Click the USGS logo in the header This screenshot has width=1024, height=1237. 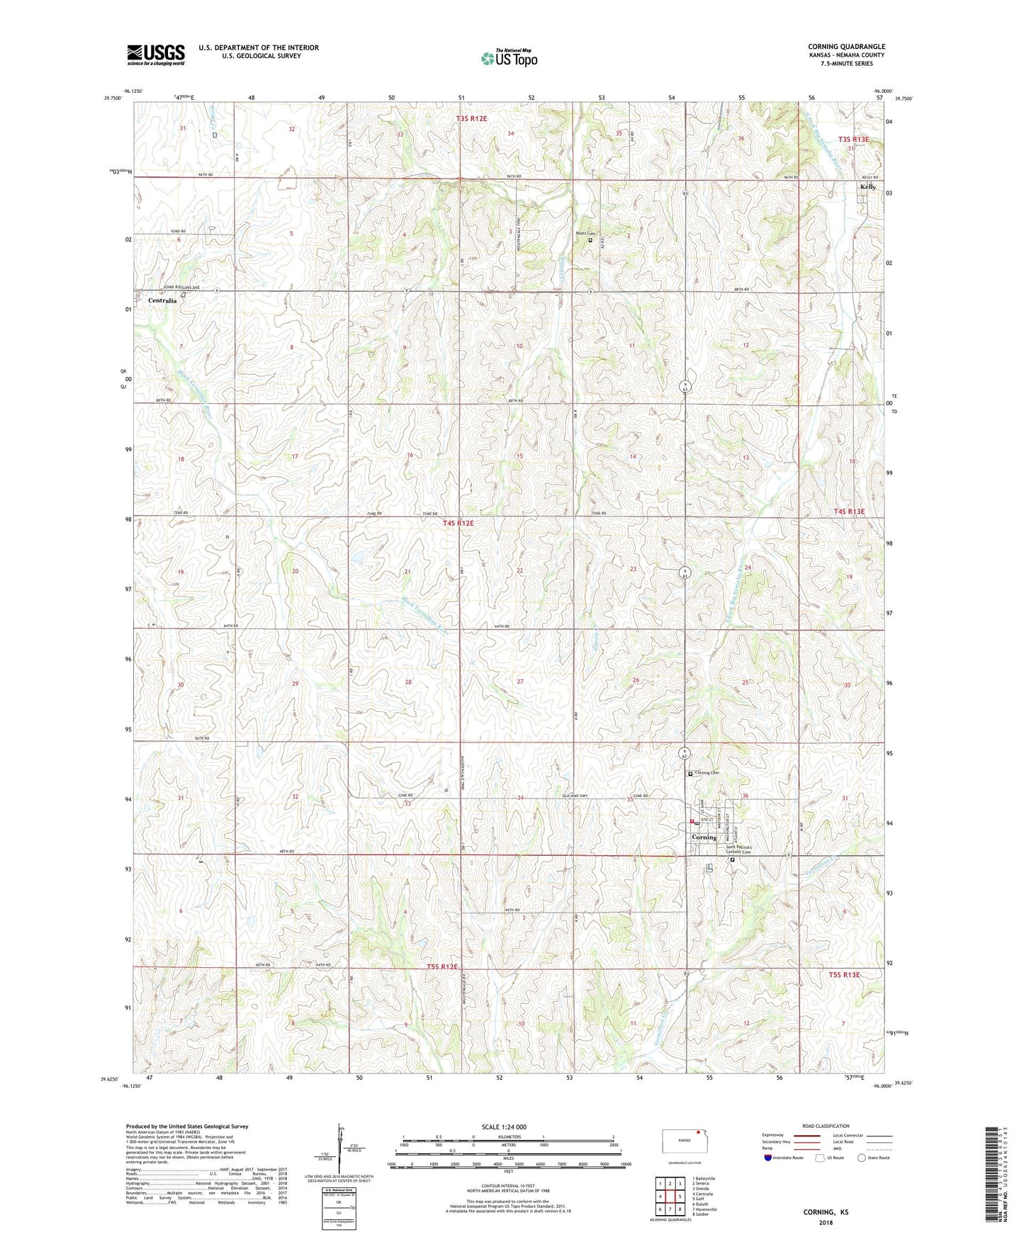(156, 55)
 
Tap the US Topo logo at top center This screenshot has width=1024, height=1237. (509, 58)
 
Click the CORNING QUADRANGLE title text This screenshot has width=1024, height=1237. (846, 47)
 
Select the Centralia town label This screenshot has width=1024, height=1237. (162, 300)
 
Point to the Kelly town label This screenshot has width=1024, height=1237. (868, 187)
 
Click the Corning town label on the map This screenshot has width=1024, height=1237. (704, 837)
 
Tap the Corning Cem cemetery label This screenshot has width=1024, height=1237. (707, 773)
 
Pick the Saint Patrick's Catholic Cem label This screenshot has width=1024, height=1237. (743, 850)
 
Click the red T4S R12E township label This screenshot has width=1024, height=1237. (458, 523)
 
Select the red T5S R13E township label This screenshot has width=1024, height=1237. (844, 975)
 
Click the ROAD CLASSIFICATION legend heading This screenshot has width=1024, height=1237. (826, 1126)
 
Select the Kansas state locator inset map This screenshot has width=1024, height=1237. (684, 1142)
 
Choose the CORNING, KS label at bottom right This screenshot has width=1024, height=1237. (826, 1211)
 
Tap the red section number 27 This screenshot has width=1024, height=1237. (520, 681)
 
